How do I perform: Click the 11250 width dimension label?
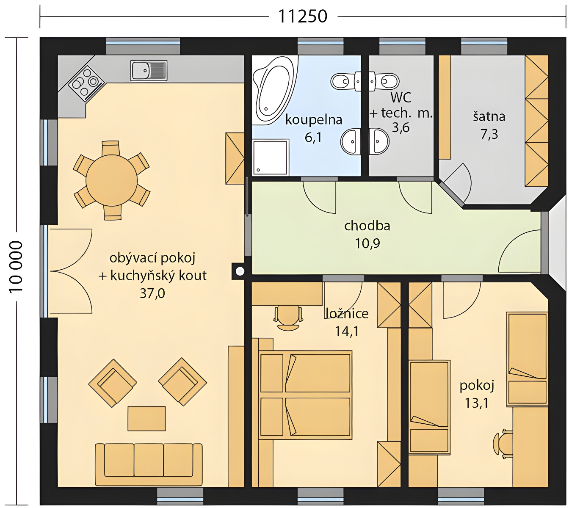coord(302,17)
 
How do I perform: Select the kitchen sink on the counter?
coord(149,71)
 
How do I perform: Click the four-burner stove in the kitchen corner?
coord(86,83)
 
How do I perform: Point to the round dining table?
coord(111,180)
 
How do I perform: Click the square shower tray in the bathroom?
coord(271,158)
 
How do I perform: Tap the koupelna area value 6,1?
coord(313,137)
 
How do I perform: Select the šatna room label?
coord(489,116)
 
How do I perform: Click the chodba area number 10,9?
coord(367,243)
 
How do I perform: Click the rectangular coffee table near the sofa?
coord(146,418)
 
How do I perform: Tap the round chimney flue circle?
coord(240,271)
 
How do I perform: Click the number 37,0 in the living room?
coord(152,293)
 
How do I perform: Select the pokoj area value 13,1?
coord(477,403)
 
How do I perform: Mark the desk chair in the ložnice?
coord(288,318)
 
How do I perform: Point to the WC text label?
coord(401,97)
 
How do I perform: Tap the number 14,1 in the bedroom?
coord(347,331)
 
